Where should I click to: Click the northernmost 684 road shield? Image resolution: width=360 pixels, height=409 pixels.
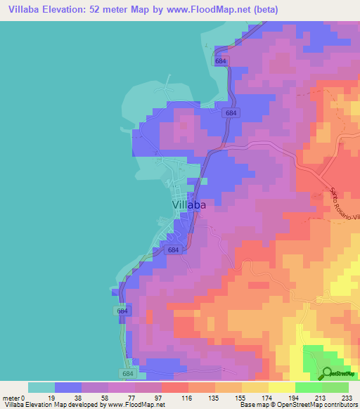221,62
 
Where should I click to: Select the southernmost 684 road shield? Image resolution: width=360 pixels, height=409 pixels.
126,375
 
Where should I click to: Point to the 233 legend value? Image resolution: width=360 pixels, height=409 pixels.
348,397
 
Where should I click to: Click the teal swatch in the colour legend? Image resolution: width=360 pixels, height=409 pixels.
41,387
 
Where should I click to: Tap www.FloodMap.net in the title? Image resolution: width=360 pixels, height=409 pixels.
212,10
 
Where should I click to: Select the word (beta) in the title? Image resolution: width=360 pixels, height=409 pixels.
266,10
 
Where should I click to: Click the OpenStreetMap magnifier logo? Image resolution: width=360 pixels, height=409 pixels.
328,375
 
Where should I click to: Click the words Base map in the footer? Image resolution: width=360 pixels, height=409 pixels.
252,405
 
